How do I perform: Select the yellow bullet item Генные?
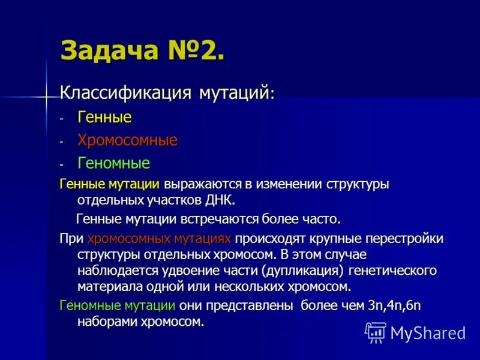104,117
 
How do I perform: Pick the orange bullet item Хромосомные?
127,140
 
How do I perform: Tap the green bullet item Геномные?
113,163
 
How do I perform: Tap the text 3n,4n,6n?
394,305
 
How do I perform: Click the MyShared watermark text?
428,332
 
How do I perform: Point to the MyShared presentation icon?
376,332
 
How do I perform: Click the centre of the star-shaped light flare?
46,96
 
